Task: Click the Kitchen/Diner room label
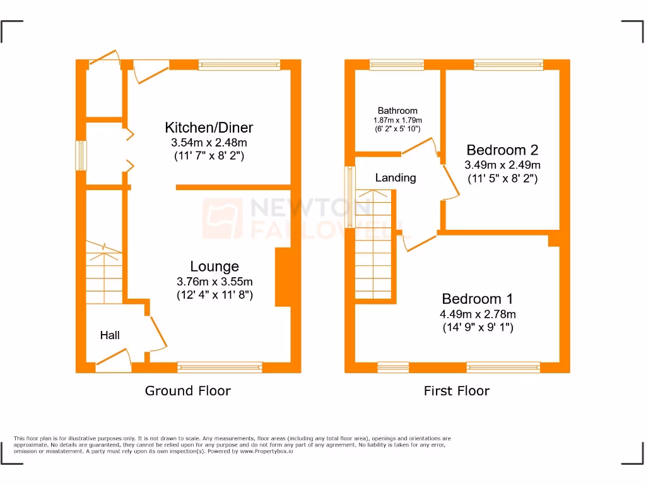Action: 209,128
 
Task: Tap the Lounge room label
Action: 214,266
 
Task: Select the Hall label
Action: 110,335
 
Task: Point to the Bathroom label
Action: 397,111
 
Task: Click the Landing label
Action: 396,178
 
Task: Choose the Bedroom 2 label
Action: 502,150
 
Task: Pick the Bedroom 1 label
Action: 478,299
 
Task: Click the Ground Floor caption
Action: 188,391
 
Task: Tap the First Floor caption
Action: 456,391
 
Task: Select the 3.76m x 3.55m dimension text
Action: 214,282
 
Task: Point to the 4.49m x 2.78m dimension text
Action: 478,314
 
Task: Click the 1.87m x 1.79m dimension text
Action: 397,120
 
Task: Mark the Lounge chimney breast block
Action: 282,277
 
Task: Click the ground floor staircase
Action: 105,275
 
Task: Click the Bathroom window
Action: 397,64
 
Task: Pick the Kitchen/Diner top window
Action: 239,64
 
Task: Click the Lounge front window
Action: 220,366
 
